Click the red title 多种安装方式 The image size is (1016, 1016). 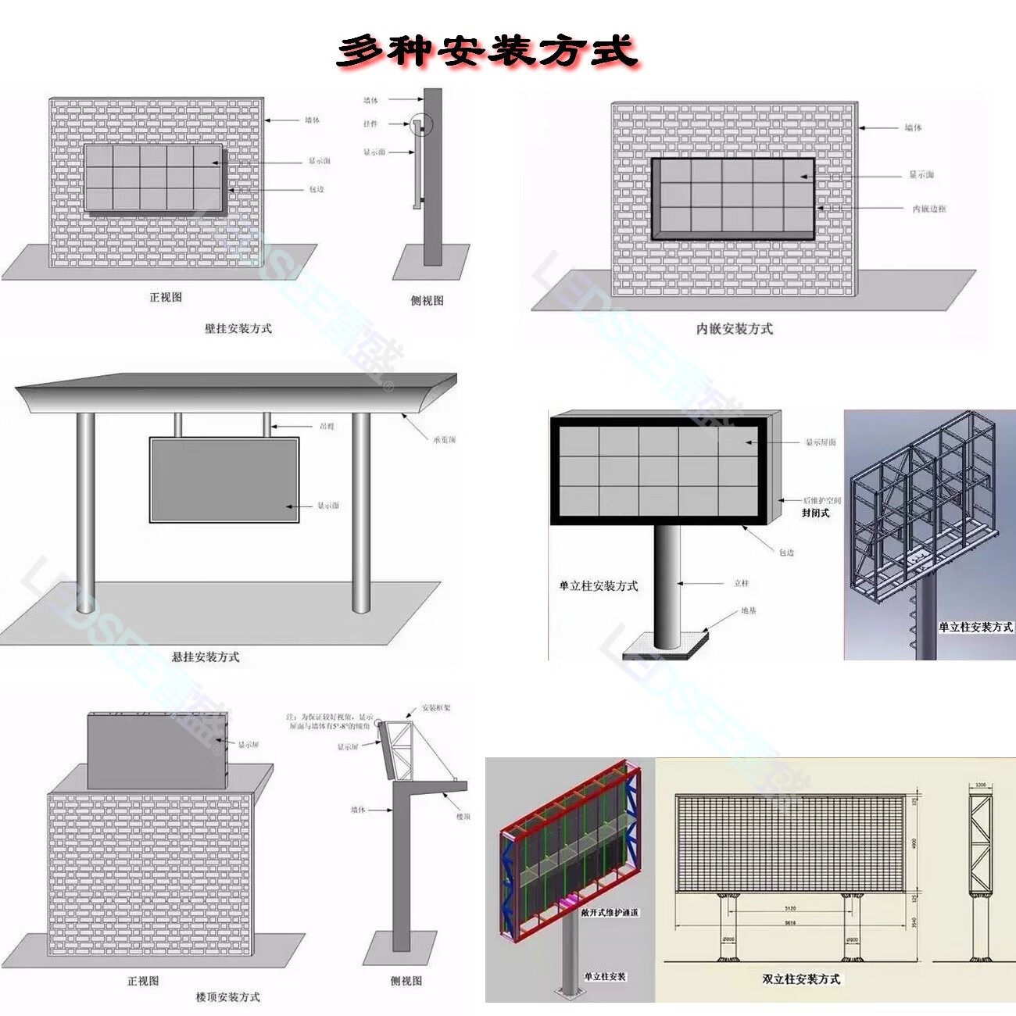(x=487, y=51)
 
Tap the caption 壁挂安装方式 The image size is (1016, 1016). (x=238, y=328)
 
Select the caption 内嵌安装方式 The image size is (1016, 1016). (x=734, y=329)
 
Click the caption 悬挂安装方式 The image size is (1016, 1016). (x=206, y=656)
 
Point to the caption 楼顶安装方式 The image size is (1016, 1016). (x=227, y=996)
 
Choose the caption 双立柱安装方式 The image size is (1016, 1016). (x=801, y=978)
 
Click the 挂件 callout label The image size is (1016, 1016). (x=370, y=123)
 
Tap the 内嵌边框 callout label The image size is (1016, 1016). (x=929, y=209)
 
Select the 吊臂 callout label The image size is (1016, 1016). (x=327, y=426)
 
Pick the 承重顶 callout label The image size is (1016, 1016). (x=444, y=440)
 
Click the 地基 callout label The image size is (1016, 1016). (x=749, y=610)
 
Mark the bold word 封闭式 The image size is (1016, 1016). (x=815, y=513)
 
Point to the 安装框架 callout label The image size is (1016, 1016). (x=436, y=707)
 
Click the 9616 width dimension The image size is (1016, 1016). (x=790, y=922)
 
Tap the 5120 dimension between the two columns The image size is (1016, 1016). (x=790, y=908)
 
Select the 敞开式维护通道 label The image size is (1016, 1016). (x=609, y=912)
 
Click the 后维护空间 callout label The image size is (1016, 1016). (x=822, y=500)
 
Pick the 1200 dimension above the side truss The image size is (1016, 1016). (x=981, y=785)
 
